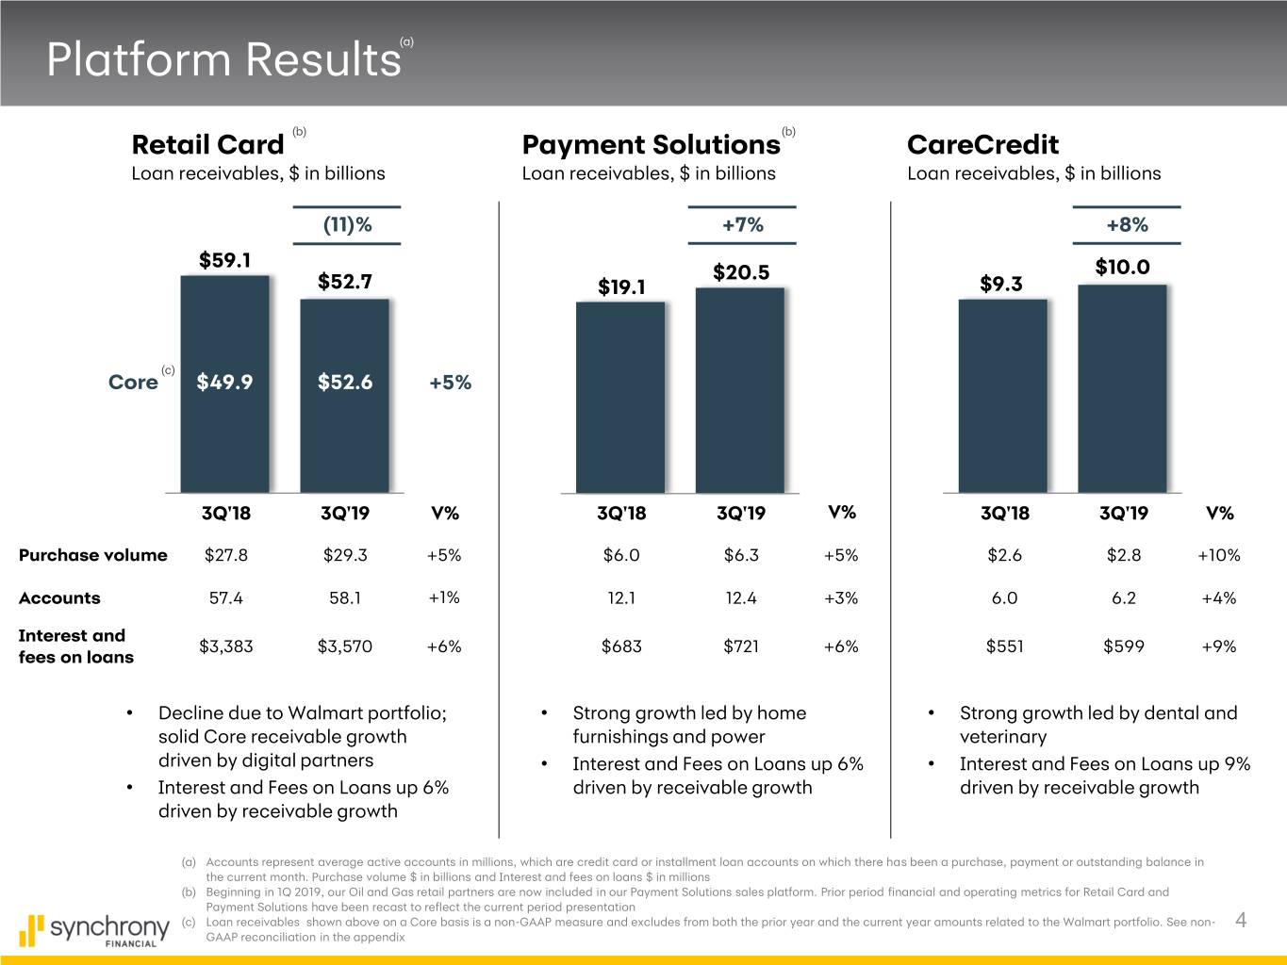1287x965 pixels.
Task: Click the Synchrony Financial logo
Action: click(93, 929)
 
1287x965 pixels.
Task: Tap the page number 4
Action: click(1241, 921)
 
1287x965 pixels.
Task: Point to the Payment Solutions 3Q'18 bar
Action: click(620, 397)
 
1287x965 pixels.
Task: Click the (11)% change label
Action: click(347, 225)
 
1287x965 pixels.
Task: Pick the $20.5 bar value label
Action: click(741, 272)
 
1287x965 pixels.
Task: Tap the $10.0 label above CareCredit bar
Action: click(1122, 267)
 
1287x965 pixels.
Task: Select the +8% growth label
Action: click(1127, 224)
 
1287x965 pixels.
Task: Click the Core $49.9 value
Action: click(224, 382)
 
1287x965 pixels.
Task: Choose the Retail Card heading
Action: click(207, 145)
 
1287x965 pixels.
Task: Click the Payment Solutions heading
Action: click(651, 145)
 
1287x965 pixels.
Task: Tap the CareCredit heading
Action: click(982, 145)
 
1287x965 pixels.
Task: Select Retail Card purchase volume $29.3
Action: click(345, 555)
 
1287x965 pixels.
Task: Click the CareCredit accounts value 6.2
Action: click(1123, 598)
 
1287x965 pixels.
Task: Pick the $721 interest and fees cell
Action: click(741, 646)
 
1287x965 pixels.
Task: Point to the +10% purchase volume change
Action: click(1218, 555)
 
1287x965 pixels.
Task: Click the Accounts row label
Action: click(59, 598)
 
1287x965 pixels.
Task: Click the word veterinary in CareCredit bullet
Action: click(1002, 737)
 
